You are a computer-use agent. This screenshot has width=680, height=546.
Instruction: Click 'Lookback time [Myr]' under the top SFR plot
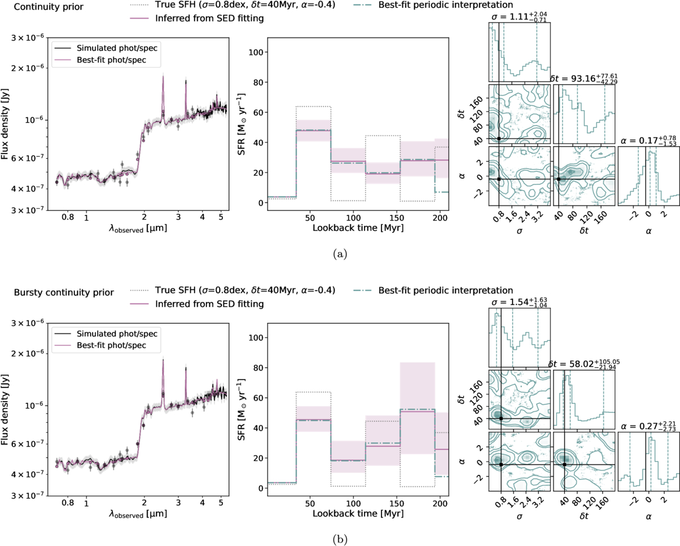click(356, 228)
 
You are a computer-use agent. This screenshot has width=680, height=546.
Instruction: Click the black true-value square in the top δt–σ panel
click(499, 139)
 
